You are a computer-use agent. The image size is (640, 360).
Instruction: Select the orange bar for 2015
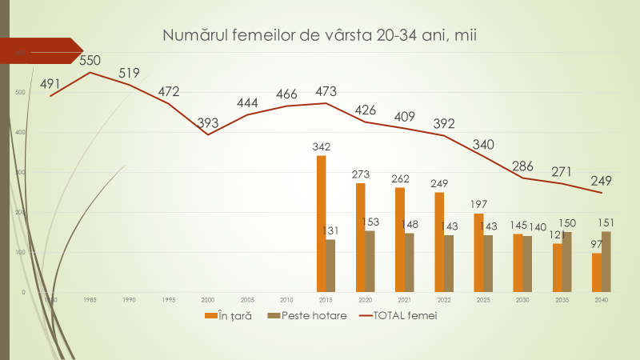(x=321, y=224)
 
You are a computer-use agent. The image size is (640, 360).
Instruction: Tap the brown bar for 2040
(x=606, y=262)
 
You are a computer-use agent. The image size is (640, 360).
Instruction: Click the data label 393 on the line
(x=208, y=122)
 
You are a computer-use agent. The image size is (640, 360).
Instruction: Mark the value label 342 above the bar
(x=322, y=146)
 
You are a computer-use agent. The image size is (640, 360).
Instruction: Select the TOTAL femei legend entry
(x=399, y=316)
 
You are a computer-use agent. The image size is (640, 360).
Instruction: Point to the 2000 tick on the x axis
(x=208, y=299)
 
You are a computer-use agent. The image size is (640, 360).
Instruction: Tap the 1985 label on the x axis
(x=90, y=299)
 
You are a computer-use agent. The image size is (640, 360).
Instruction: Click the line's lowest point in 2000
(x=208, y=134)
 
